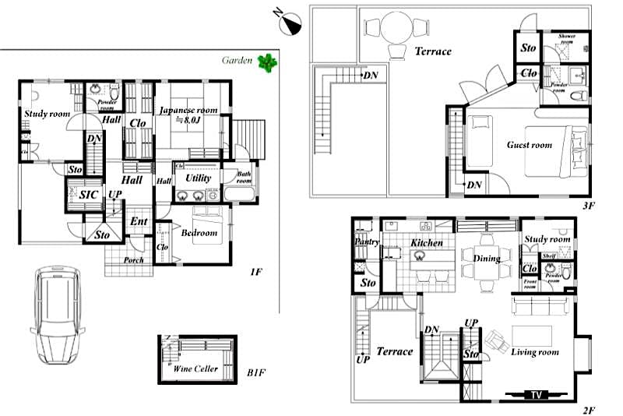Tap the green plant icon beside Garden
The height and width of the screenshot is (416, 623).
tap(269, 62)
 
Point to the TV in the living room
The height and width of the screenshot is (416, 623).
tap(536, 394)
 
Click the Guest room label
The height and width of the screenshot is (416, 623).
tap(529, 145)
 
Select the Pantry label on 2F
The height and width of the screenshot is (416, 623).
tap(366, 242)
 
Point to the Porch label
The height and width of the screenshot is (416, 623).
tap(133, 260)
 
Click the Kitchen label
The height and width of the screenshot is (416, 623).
tap(427, 243)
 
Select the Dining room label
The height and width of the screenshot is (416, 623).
tap(487, 259)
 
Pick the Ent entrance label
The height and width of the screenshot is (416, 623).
tap(139, 222)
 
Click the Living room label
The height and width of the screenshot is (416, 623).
tap(535, 353)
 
